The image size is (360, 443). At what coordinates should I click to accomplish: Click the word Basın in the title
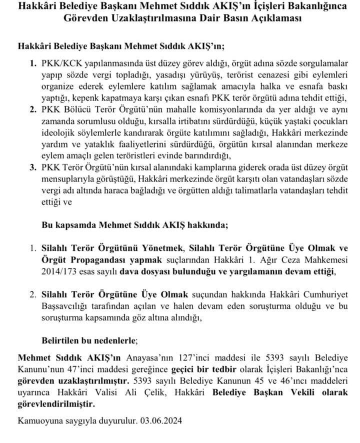[239, 18]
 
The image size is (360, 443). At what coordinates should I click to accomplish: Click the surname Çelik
[156, 392]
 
